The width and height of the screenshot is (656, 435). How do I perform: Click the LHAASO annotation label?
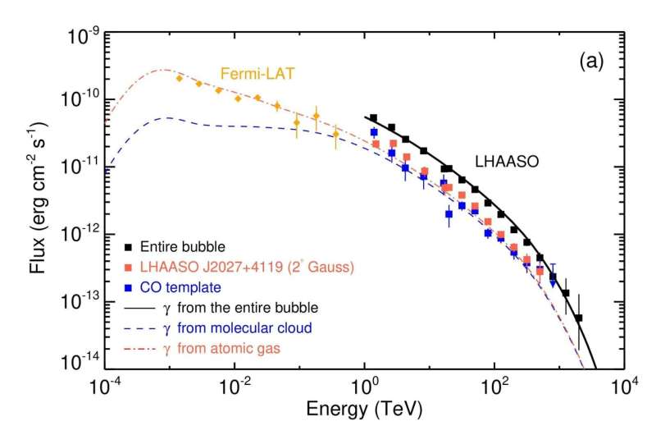510,163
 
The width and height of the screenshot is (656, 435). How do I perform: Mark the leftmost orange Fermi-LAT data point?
180,78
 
